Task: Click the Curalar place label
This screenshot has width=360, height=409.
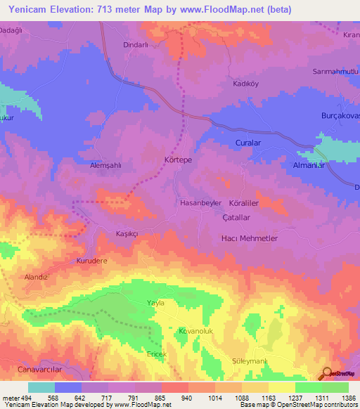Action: [247, 143]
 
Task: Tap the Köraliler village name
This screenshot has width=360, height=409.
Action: [246, 202]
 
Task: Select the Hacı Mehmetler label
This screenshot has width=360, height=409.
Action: [250, 239]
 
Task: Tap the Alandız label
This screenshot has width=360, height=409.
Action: [36, 277]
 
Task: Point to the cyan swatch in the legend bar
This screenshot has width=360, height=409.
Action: [41, 387]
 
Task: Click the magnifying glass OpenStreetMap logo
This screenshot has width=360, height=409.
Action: [327, 374]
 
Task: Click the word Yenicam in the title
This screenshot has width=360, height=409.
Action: [29, 9]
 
